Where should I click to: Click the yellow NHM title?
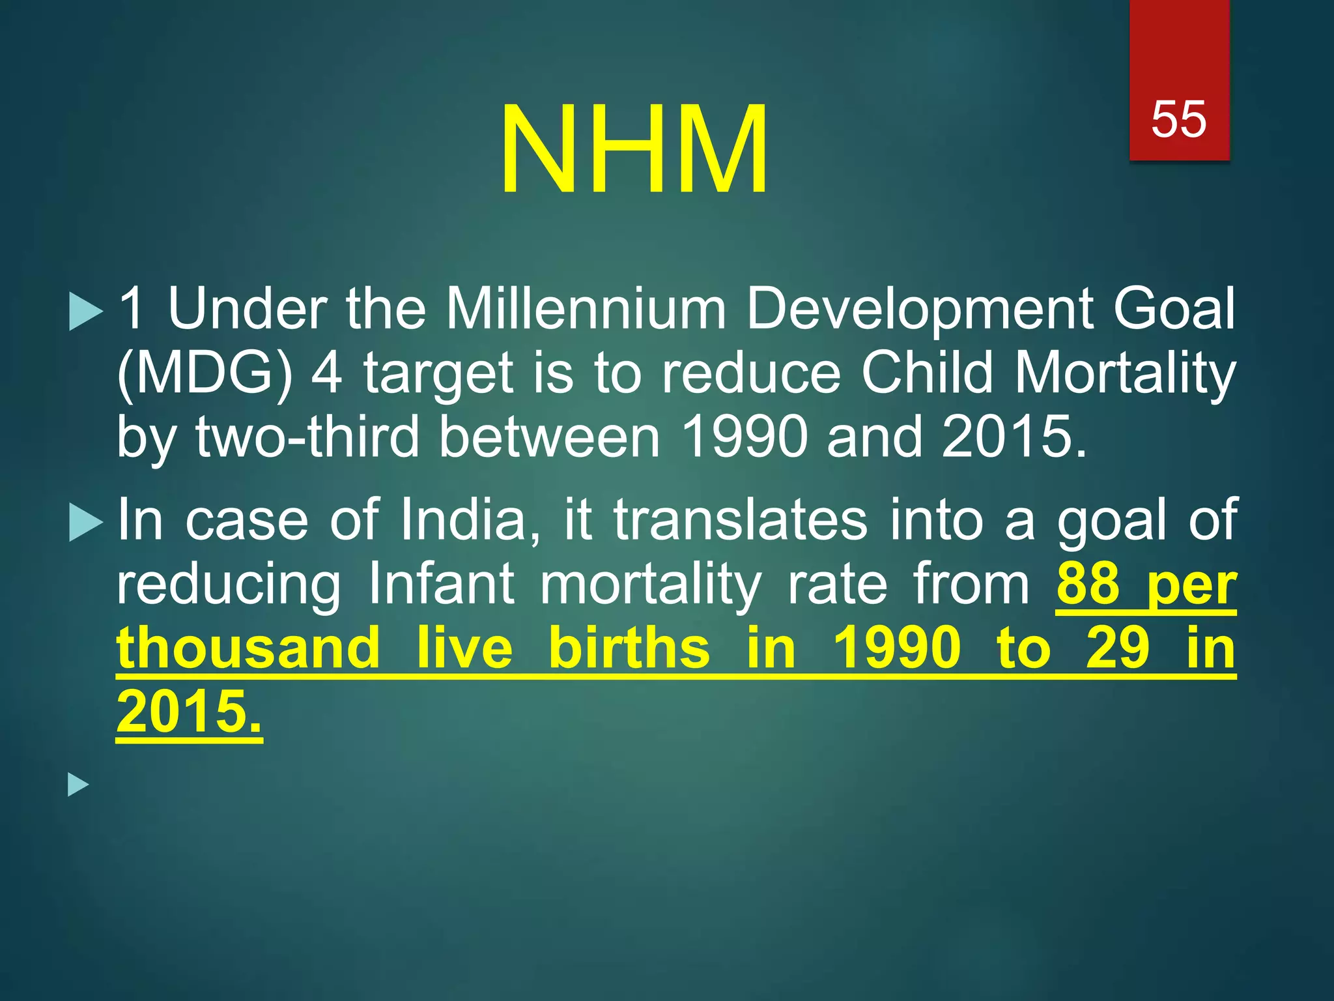pos(634,150)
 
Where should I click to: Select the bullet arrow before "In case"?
pos(85,523)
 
